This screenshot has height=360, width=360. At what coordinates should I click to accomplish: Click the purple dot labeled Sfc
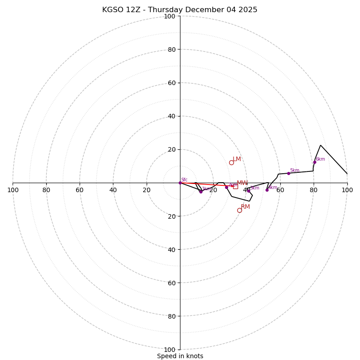point(180,183)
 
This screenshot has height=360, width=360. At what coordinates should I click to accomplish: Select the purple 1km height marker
point(201,192)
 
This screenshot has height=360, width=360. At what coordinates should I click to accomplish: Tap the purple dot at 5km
point(288,173)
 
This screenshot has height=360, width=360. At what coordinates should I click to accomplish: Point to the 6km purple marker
point(315,162)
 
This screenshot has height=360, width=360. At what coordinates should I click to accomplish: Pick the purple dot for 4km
point(267,190)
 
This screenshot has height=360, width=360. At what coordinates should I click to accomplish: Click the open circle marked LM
point(231,162)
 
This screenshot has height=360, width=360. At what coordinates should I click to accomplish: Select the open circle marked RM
point(239,210)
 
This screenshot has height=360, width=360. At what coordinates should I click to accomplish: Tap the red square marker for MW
point(235,186)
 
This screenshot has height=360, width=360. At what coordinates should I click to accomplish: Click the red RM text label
point(245,207)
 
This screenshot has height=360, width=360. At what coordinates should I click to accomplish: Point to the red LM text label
point(237,159)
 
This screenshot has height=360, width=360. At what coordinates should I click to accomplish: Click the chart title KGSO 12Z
point(180,10)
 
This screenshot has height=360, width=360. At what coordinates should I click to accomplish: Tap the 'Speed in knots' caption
point(180,356)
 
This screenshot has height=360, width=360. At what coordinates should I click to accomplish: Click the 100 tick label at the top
point(170,16)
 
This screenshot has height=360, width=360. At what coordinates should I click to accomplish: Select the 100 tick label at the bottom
point(170,350)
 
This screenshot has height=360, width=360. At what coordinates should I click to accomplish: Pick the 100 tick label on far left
point(13,190)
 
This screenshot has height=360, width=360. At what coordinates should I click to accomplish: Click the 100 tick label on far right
point(347,190)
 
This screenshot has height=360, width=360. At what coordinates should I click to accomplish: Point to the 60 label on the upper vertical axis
point(171,83)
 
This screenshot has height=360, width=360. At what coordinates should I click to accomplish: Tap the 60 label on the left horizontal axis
point(80,190)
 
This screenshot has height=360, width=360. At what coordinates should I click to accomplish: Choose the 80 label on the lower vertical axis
point(171,316)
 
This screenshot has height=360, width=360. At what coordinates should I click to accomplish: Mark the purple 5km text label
point(294,171)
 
